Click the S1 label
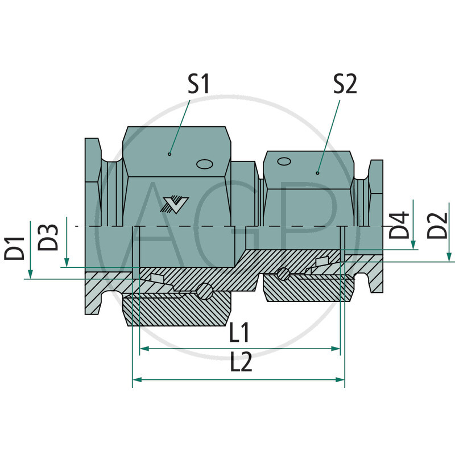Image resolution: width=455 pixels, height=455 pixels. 198,85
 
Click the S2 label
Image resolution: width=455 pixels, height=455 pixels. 346,85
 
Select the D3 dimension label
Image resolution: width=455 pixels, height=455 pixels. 50,237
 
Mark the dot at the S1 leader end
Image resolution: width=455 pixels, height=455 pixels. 169,154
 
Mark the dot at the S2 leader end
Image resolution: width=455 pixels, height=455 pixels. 318,173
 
